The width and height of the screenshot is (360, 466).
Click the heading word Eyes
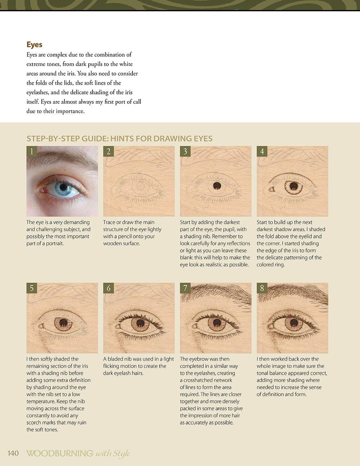34,45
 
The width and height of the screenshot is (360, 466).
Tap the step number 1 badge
32,151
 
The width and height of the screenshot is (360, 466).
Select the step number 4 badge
262,151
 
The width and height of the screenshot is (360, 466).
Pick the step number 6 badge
108,288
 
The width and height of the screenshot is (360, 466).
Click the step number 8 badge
262,288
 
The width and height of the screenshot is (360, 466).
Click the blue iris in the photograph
63,188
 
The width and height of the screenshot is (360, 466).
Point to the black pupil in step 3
217,186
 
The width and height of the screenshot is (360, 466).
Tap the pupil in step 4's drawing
293,186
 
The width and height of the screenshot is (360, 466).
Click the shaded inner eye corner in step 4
272,189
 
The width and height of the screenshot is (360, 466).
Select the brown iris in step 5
63,324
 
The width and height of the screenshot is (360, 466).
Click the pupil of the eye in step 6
140,323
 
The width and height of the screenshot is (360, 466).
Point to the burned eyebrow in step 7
216,294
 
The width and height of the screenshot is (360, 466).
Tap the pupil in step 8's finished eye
294,322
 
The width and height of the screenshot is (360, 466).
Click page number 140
13,453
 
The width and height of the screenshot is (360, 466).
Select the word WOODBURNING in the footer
60,453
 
